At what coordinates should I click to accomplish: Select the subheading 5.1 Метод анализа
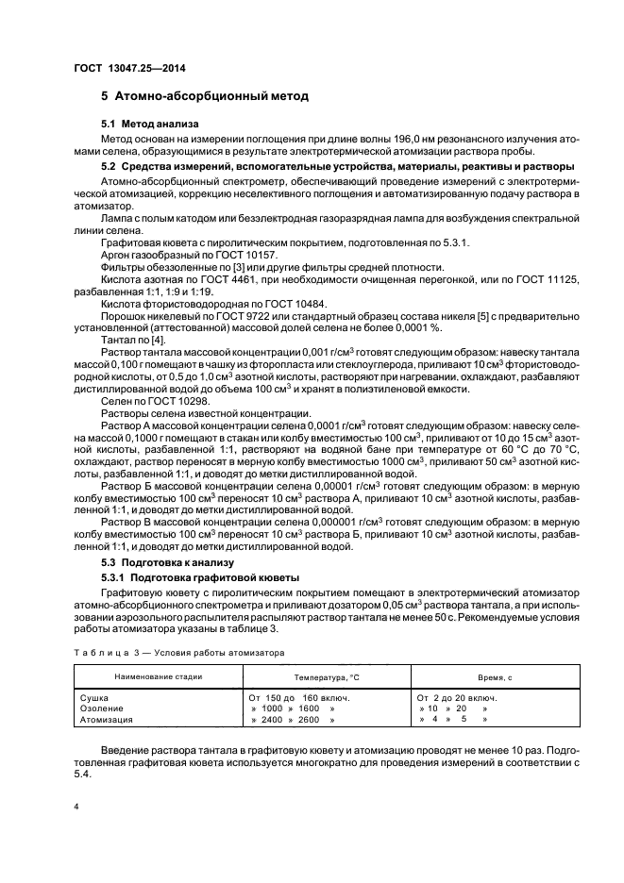pyautogui.click(x=155, y=125)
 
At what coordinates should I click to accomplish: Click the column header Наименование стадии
pyautogui.click(x=158, y=676)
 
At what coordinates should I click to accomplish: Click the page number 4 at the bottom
pyautogui.click(x=77, y=808)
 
